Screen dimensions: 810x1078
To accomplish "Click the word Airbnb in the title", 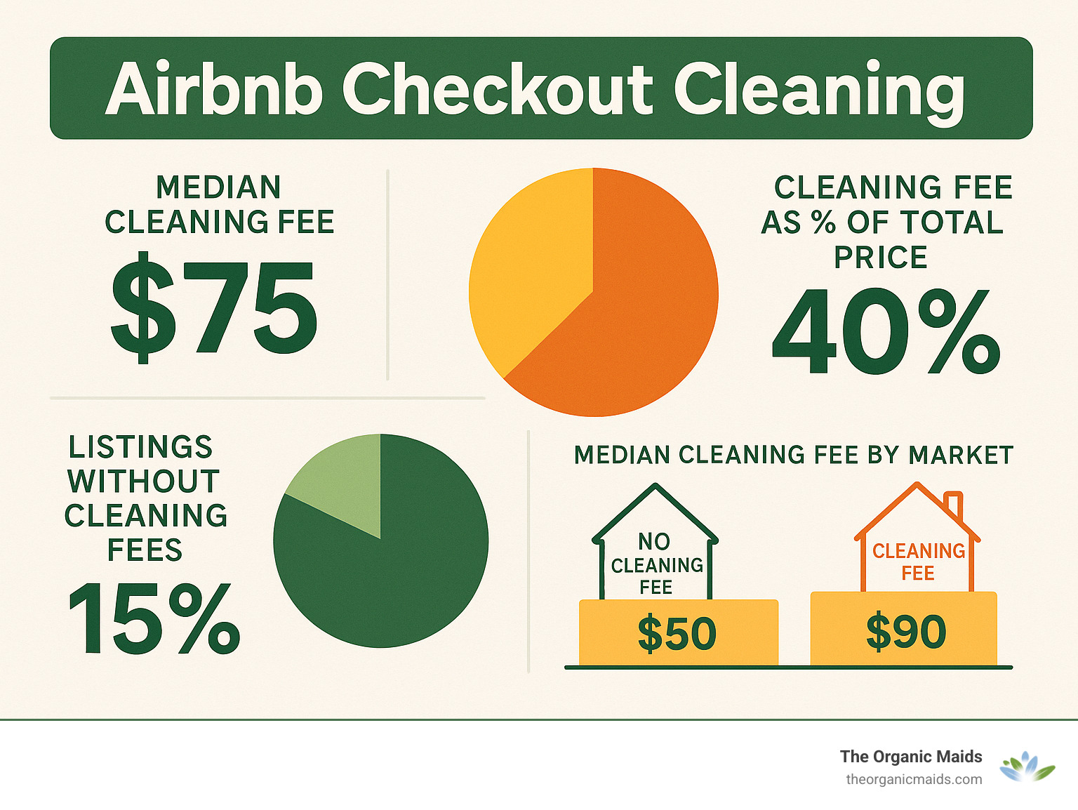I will (x=213, y=89).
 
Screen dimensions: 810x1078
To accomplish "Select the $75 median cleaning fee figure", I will (x=214, y=309).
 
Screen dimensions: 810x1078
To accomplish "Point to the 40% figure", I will (x=886, y=331).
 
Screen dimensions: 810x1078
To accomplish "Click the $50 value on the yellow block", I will (x=677, y=632).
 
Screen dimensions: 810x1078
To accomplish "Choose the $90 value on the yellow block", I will (x=905, y=631).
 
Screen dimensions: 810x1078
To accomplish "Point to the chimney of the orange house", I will (x=953, y=504).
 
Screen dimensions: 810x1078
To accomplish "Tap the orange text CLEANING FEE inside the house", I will (x=918, y=562).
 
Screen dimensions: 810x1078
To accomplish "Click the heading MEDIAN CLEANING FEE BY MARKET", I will (x=793, y=455).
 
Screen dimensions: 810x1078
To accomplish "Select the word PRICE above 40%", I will (x=881, y=258).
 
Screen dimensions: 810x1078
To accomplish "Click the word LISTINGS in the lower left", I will (x=140, y=447).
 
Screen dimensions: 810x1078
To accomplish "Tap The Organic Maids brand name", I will (x=911, y=757).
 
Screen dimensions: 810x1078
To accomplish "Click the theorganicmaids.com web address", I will (x=914, y=779).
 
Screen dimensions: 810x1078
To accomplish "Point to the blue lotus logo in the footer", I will (x=1027, y=766).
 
